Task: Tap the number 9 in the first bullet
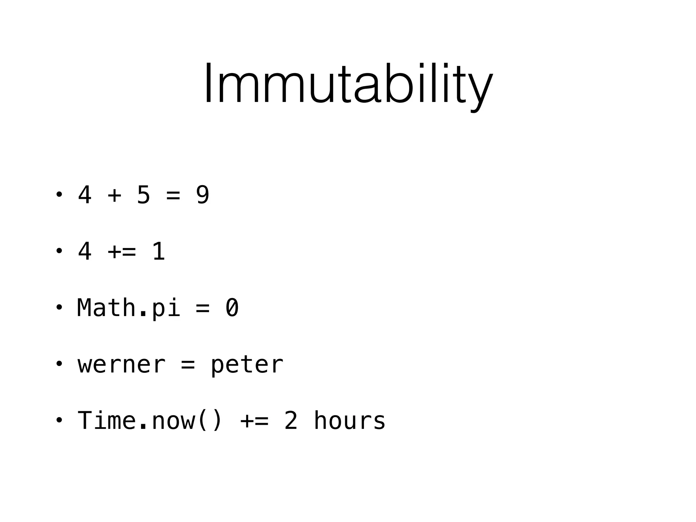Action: (203, 195)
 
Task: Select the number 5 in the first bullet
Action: (143, 195)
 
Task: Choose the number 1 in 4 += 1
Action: (158, 251)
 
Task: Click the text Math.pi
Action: (128, 308)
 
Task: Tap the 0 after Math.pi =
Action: (232, 308)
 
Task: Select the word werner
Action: (122, 365)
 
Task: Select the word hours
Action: (349, 421)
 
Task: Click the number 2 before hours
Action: (291, 421)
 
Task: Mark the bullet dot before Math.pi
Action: (59, 308)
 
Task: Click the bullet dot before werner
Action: (59, 364)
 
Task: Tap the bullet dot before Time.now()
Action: (59, 420)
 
